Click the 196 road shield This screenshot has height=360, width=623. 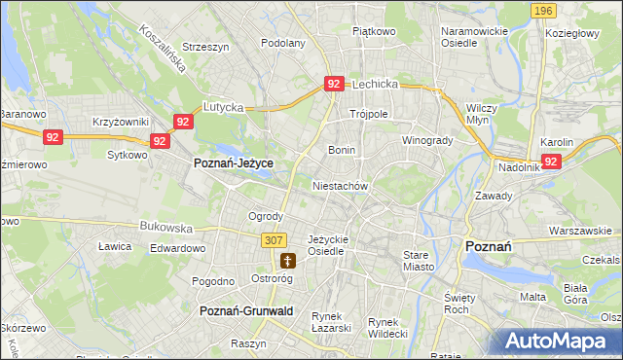(544, 10)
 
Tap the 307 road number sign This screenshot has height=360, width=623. (274, 239)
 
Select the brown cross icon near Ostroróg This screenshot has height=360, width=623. (287, 260)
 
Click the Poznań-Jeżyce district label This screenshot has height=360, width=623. (234, 163)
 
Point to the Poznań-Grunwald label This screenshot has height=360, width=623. (245, 310)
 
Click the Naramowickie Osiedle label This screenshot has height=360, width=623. (475, 37)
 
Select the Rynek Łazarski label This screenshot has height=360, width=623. (331, 323)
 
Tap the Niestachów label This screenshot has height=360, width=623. (340, 185)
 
